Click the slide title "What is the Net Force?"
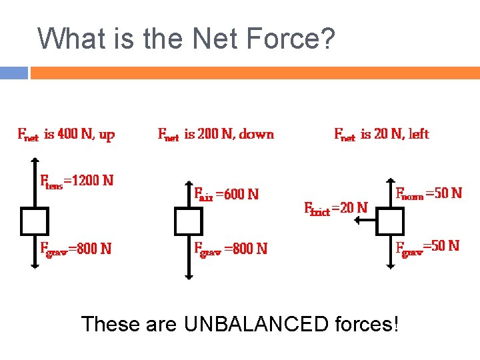pos(186,39)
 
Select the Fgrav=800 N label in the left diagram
pos(75,249)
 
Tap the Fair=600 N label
pos(226,195)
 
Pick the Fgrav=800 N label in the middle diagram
pos(230,249)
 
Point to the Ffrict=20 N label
pos(335,207)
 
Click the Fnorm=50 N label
pos(429,193)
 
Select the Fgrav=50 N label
pos(427,246)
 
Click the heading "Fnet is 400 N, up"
pos(65,135)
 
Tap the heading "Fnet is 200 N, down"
pos(215,134)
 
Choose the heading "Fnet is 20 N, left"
pos(381,134)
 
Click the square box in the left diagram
pos(34,221)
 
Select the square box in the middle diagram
pos(188,221)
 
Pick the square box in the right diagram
pos(390,221)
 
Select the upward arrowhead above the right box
pos(390,181)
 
